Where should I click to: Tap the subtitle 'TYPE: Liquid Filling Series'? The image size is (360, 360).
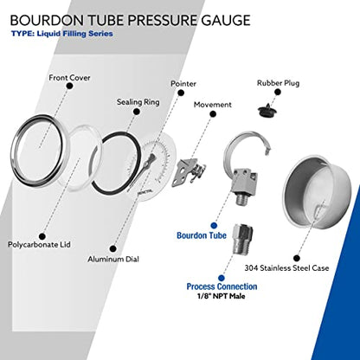62,34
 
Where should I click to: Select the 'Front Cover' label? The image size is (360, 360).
69,78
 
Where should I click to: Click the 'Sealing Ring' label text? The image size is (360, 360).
138,102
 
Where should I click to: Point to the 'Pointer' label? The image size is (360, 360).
183,84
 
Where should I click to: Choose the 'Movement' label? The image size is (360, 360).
213,105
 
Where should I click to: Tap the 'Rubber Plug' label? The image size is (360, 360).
279,83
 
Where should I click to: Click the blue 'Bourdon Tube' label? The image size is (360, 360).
202,235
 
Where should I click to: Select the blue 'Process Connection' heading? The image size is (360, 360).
222,286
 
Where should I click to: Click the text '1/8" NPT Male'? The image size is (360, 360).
222,296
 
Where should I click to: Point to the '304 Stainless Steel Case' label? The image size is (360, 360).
286,268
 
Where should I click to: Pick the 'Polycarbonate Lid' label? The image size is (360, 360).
39,245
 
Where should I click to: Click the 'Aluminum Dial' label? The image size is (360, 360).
113,259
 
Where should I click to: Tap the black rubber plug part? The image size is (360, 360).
267,111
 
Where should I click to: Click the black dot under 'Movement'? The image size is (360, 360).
213,114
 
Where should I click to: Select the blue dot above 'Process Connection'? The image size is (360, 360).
222,278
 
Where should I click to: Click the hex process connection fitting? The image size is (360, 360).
242,239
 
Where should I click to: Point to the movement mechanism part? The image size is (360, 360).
189,172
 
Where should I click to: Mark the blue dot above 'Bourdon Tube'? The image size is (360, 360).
214,225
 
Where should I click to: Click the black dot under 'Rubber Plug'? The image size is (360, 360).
278,93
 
